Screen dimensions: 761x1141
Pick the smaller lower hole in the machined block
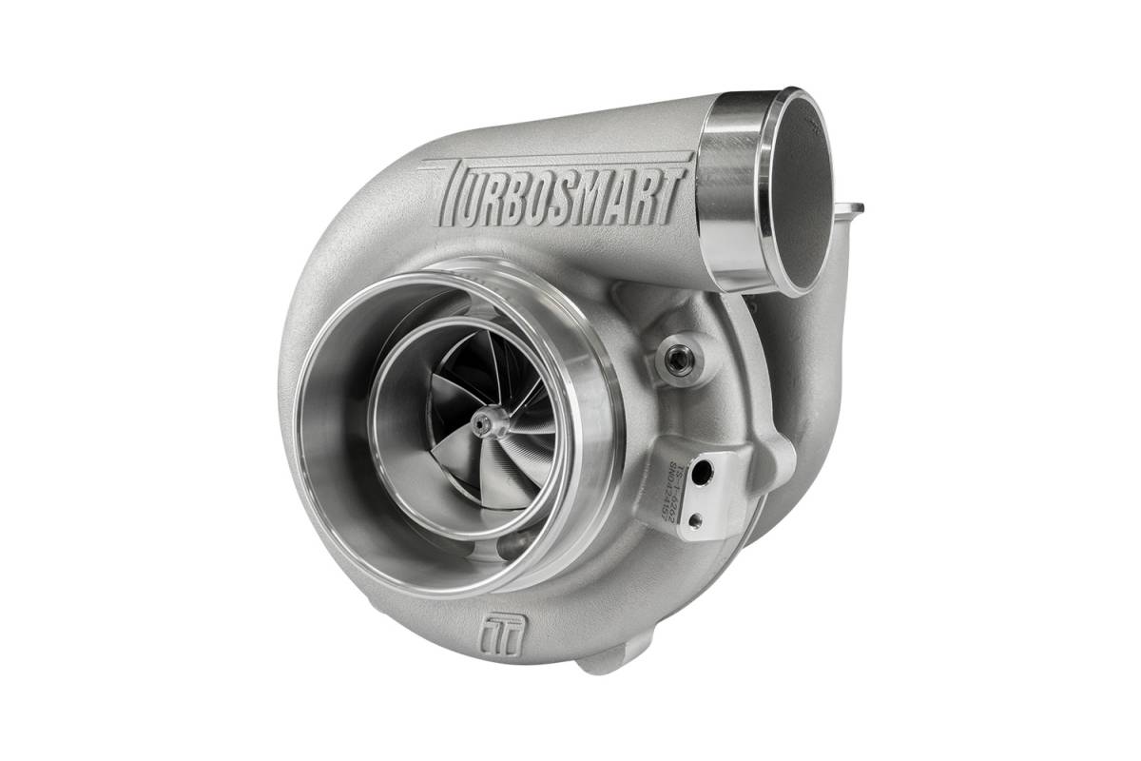(x=695, y=519)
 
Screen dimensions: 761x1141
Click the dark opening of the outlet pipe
(x=804, y=191)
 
